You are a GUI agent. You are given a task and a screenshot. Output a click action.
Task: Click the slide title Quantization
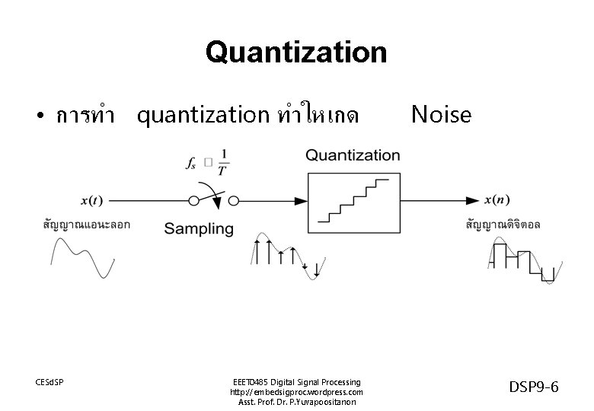click(x=296, y=53)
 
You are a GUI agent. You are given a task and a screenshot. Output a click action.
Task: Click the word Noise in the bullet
click(x=441, y=114)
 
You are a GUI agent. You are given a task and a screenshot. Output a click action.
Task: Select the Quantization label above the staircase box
click(x=353, y=155)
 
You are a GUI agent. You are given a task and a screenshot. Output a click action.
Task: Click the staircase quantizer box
click(x=353, y=200)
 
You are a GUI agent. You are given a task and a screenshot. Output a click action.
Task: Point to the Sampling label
click(x=199, y=228)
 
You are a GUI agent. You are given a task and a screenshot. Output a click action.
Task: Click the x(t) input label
click(x=91, y=201)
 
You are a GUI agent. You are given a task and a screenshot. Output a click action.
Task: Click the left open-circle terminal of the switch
click(x=194, y=200)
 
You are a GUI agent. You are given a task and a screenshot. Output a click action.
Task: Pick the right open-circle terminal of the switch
click(x=234, y=200)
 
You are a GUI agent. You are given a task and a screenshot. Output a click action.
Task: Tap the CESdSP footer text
click(x=50, y=381)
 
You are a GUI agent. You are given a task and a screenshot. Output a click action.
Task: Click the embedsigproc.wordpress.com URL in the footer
click(x=296, y=391)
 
